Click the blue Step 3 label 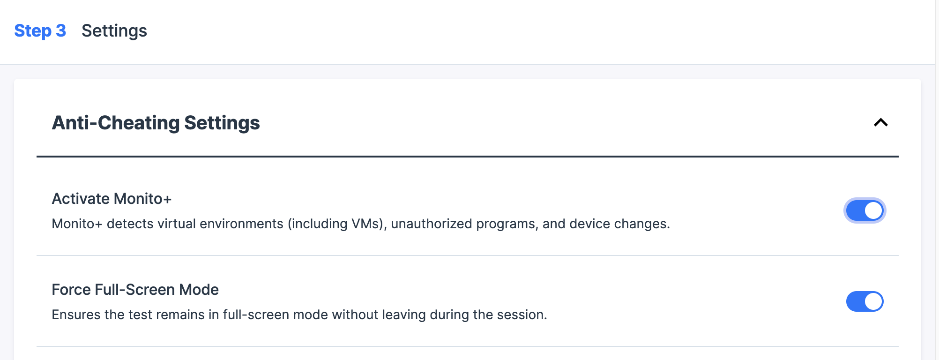tap(40, 31)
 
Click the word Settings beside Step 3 tap(114, 31)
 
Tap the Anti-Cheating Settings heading tap(156, 123)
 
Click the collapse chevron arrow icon tap(881, 122)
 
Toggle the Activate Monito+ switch tap(865, 210)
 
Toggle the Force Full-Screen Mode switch tap(865, 301)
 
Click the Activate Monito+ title tap(112, 199)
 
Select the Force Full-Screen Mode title tap(135, 290)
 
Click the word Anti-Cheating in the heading tap(116, 123)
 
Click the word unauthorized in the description tap(432, 224)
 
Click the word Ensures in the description tap(76, 315)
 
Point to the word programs tap(507, 224)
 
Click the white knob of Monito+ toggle tap(873, 210)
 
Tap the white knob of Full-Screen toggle tap(873, 301)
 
